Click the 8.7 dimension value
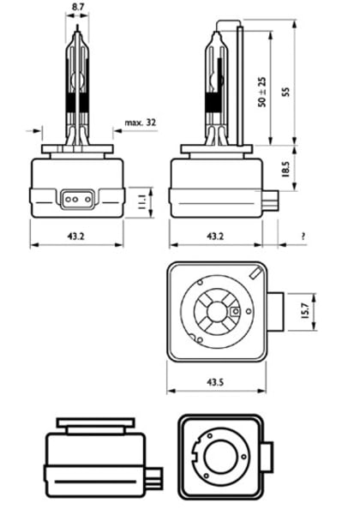pyautogui.click(x=77, y=7)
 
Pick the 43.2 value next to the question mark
pyautogui.click(x=213, y=236)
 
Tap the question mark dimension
pyautogui.click(x=304, y=236)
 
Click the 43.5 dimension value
pyautogui.click(x=215, y=381)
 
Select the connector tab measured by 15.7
pyautogui.click(x=275, y=313)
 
